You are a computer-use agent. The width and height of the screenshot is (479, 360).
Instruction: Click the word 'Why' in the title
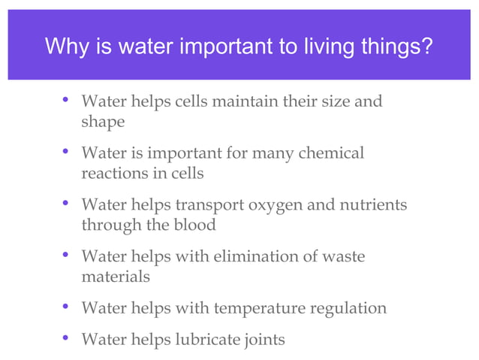pos(63,47)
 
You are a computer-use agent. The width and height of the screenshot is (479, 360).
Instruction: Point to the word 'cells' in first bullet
pos(194,101)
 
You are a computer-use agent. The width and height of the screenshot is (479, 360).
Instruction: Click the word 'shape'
pos(103,121)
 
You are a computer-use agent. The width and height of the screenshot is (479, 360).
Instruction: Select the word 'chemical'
pos(331,153)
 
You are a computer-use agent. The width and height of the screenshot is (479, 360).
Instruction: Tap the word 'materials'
pos(116,277)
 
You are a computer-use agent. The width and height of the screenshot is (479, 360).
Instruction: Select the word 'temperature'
pos(259,308)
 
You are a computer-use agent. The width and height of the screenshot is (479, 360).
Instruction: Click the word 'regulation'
pos(350,308)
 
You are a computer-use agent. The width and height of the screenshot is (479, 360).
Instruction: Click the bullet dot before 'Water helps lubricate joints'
pos(66,338)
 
